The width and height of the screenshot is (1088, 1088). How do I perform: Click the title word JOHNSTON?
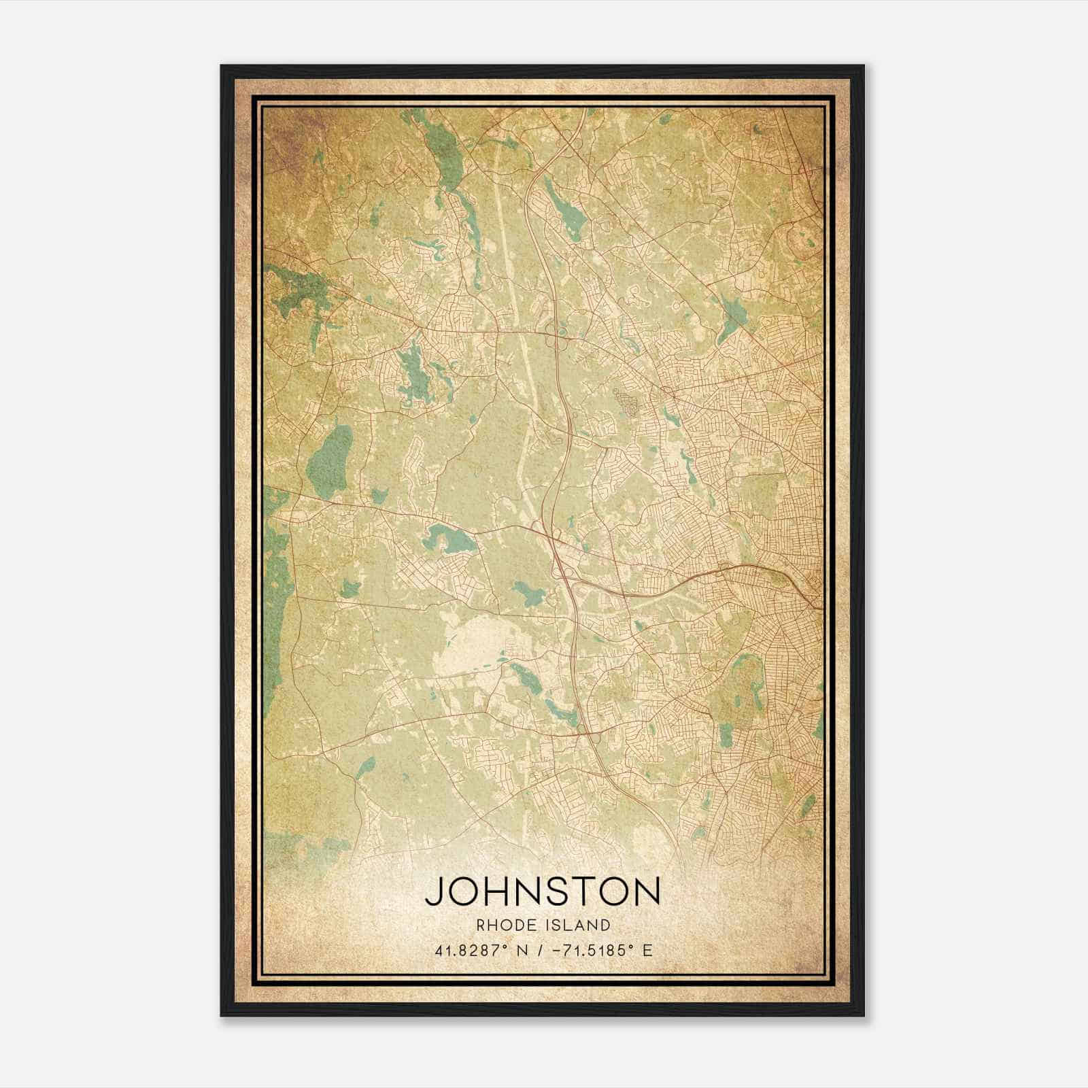pos(543,891)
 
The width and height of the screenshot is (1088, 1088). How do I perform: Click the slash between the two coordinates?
pos(541,950)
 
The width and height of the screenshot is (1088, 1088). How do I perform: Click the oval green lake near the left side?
pos(330,454)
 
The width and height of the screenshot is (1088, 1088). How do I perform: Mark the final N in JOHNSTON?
pos(646,891)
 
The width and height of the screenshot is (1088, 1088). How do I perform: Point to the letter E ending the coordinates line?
pos(647,950)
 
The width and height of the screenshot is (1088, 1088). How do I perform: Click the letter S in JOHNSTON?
pos(553,891)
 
